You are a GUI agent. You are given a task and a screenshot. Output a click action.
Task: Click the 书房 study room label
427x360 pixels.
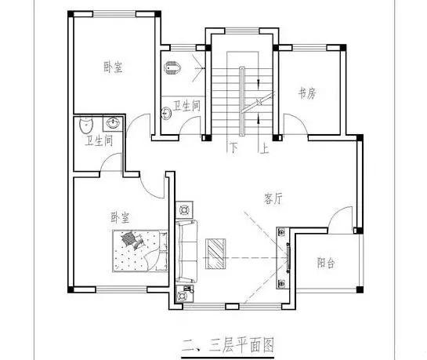click(306, 93)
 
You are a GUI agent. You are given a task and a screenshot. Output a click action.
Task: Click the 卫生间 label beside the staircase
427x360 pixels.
click(187, 104)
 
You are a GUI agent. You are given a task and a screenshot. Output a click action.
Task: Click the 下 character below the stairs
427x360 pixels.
click(232, 147)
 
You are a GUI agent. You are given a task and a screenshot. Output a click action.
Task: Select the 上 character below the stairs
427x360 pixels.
click(265, 147)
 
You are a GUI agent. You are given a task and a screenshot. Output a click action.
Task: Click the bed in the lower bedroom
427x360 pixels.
click(140, 250)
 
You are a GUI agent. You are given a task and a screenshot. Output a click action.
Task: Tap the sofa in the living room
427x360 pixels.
click(186, 251)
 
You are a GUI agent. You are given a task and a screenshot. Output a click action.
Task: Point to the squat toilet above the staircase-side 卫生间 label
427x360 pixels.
click(174, 69)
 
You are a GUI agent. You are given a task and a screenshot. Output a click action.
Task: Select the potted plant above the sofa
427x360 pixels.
click(185, 209)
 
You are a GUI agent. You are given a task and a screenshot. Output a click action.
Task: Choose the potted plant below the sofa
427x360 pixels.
click(186, 295)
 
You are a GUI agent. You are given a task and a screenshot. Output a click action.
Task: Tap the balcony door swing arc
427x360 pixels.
click(338, 220)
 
